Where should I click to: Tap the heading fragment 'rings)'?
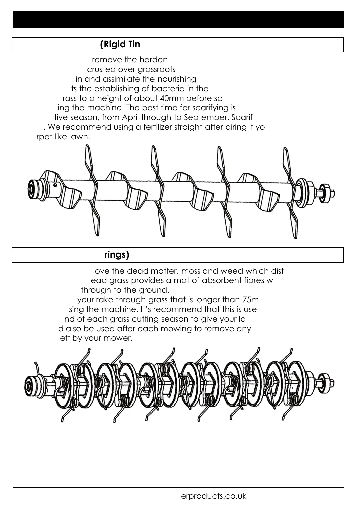click(x=117, y=255)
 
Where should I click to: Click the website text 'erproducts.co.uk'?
click(x=214, y=496)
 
